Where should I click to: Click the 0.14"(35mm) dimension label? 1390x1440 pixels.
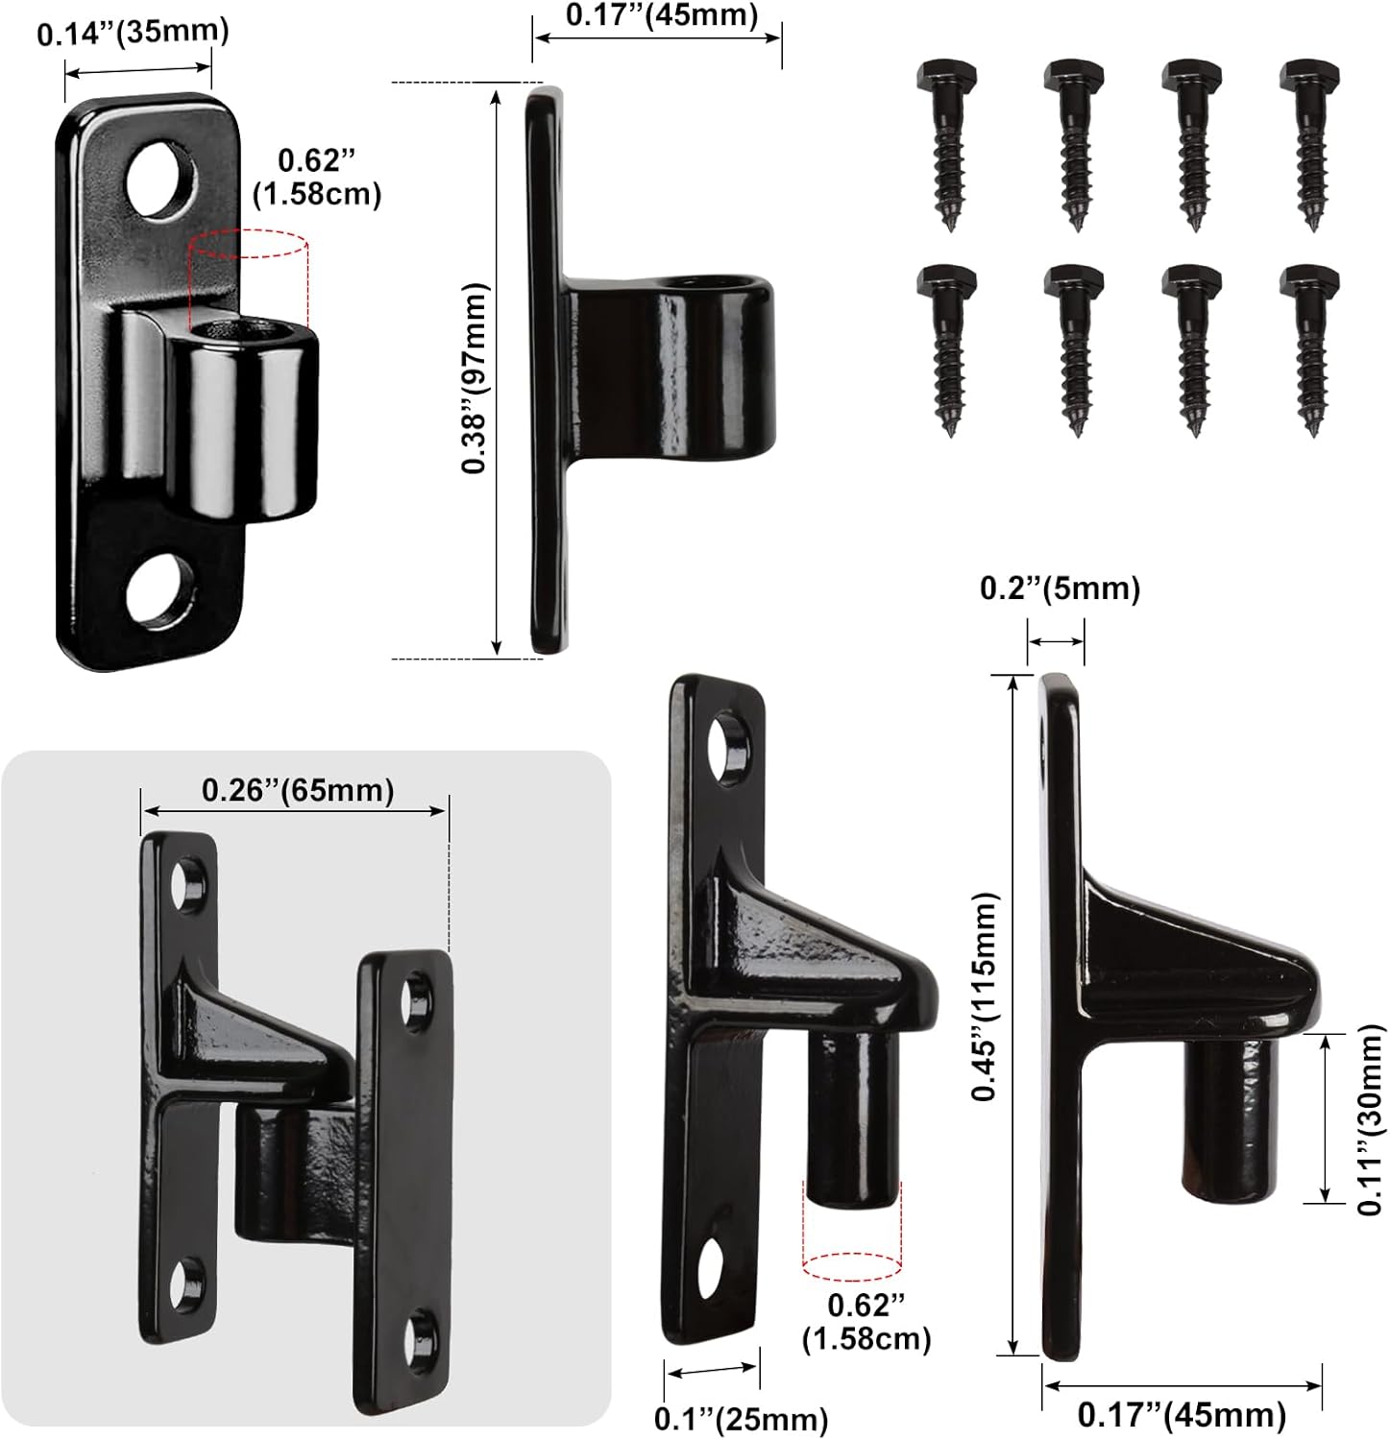(x=134, y=33)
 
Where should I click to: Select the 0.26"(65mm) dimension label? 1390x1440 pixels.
(x=298, y=790)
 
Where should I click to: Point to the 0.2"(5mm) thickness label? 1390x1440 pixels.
(x=1060, y=588)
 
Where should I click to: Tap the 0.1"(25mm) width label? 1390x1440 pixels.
(x=741, y=1417)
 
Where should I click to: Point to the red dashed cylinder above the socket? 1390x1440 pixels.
(x=249, y=278)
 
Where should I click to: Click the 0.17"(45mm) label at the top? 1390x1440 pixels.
(x=661, y=15)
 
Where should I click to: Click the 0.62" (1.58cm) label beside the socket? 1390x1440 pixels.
(x=316, y=177)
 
